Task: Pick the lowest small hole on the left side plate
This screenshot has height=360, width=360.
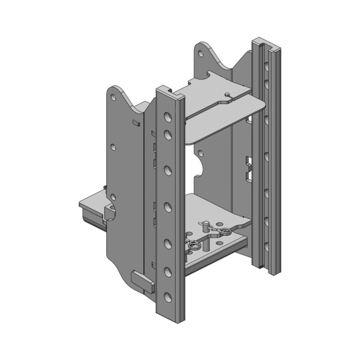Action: pyautogui.click(x=113, y=197)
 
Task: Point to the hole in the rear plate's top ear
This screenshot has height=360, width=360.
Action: pyautogui.click(x=201, y=53)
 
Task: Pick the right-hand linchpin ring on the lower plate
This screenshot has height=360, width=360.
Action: pyautogui.click(x=225, y=232)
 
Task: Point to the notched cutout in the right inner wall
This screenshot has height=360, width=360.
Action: pyautogui.click(x=248, y=169)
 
